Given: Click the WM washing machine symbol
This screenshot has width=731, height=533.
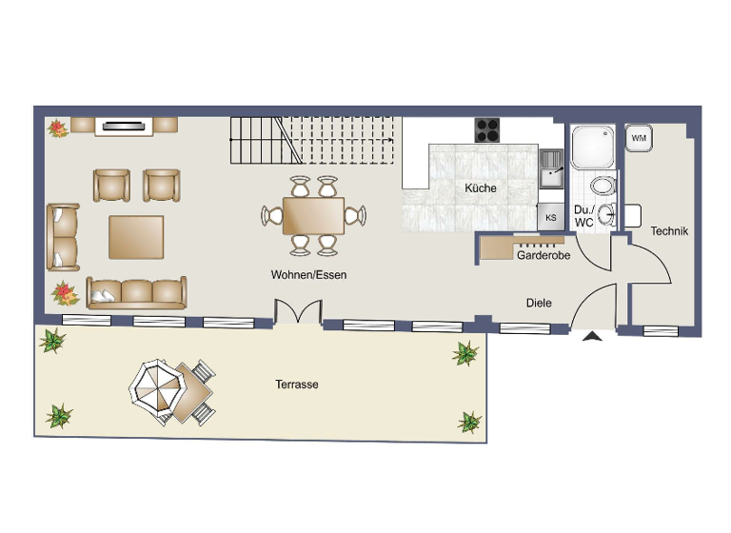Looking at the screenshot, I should pyautogui.click(x=638, y=138).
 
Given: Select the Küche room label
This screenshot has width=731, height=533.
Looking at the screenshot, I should pyautogui.click(x=481, y=188).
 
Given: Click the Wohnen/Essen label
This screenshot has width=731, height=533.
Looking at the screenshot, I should pyautogui.click(x=308, y=275).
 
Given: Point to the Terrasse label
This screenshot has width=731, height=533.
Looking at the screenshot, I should pyautogui.click(x=297, y=385).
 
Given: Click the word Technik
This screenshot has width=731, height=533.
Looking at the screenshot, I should pyautogui.click(x=669, y=231).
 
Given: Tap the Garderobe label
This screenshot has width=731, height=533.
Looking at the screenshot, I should pyautogui.click(x=543, y=256).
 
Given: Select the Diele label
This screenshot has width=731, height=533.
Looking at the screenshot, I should pyautogui.click(x=539, y=303).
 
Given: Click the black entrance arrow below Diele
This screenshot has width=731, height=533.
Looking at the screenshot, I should pyautogui.click(x=594, y=335).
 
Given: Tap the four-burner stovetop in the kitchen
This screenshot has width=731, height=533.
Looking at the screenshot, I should pyautogui.click(x=488, y=128).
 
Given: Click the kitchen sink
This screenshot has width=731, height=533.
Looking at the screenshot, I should pyautogui.click(x=551, y=168).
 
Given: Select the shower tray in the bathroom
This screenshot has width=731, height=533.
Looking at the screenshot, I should pyautogui.click(x=594, y=148).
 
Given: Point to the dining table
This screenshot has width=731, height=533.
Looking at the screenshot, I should pyautogui.click(x=313, y=216).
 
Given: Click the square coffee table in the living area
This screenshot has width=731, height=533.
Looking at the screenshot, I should pyautogui.click(x=136, y=237).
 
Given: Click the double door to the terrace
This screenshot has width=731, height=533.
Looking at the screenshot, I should pyautogui.click(x=298, y=313).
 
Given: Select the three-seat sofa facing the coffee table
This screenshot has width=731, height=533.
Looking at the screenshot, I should pyautogui.click(x=136, y=292).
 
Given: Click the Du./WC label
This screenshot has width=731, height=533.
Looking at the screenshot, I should pyautogui.click(x=583, y=216).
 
